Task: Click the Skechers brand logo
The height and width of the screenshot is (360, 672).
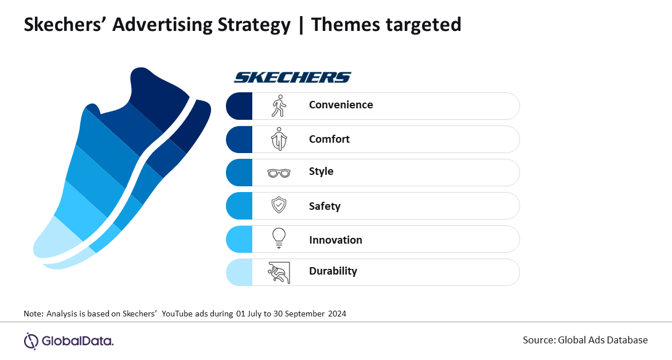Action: click(293, 77)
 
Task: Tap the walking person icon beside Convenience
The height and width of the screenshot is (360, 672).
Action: click(279, 106)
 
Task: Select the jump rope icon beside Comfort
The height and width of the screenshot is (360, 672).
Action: click(279, 139)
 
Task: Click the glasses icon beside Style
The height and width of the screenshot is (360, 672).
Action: click(279, 173)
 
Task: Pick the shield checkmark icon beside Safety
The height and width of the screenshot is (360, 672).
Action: click(279, 205)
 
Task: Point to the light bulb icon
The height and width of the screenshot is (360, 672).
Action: click(279, 238)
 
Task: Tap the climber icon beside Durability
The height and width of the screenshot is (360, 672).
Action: click(279, 272)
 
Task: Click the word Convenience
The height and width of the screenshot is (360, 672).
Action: click(341, 105)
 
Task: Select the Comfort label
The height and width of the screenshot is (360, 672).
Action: click(329, 139)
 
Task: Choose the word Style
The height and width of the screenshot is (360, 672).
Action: click(321, 171)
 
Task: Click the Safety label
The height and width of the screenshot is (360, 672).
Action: click(325, 206)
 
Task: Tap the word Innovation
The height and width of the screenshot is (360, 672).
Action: click(335, 240)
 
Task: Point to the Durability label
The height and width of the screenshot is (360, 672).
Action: click(333, 271)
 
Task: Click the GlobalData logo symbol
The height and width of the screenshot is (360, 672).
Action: click(31, 341)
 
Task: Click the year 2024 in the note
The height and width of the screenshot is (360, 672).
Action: click(337, 314)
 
